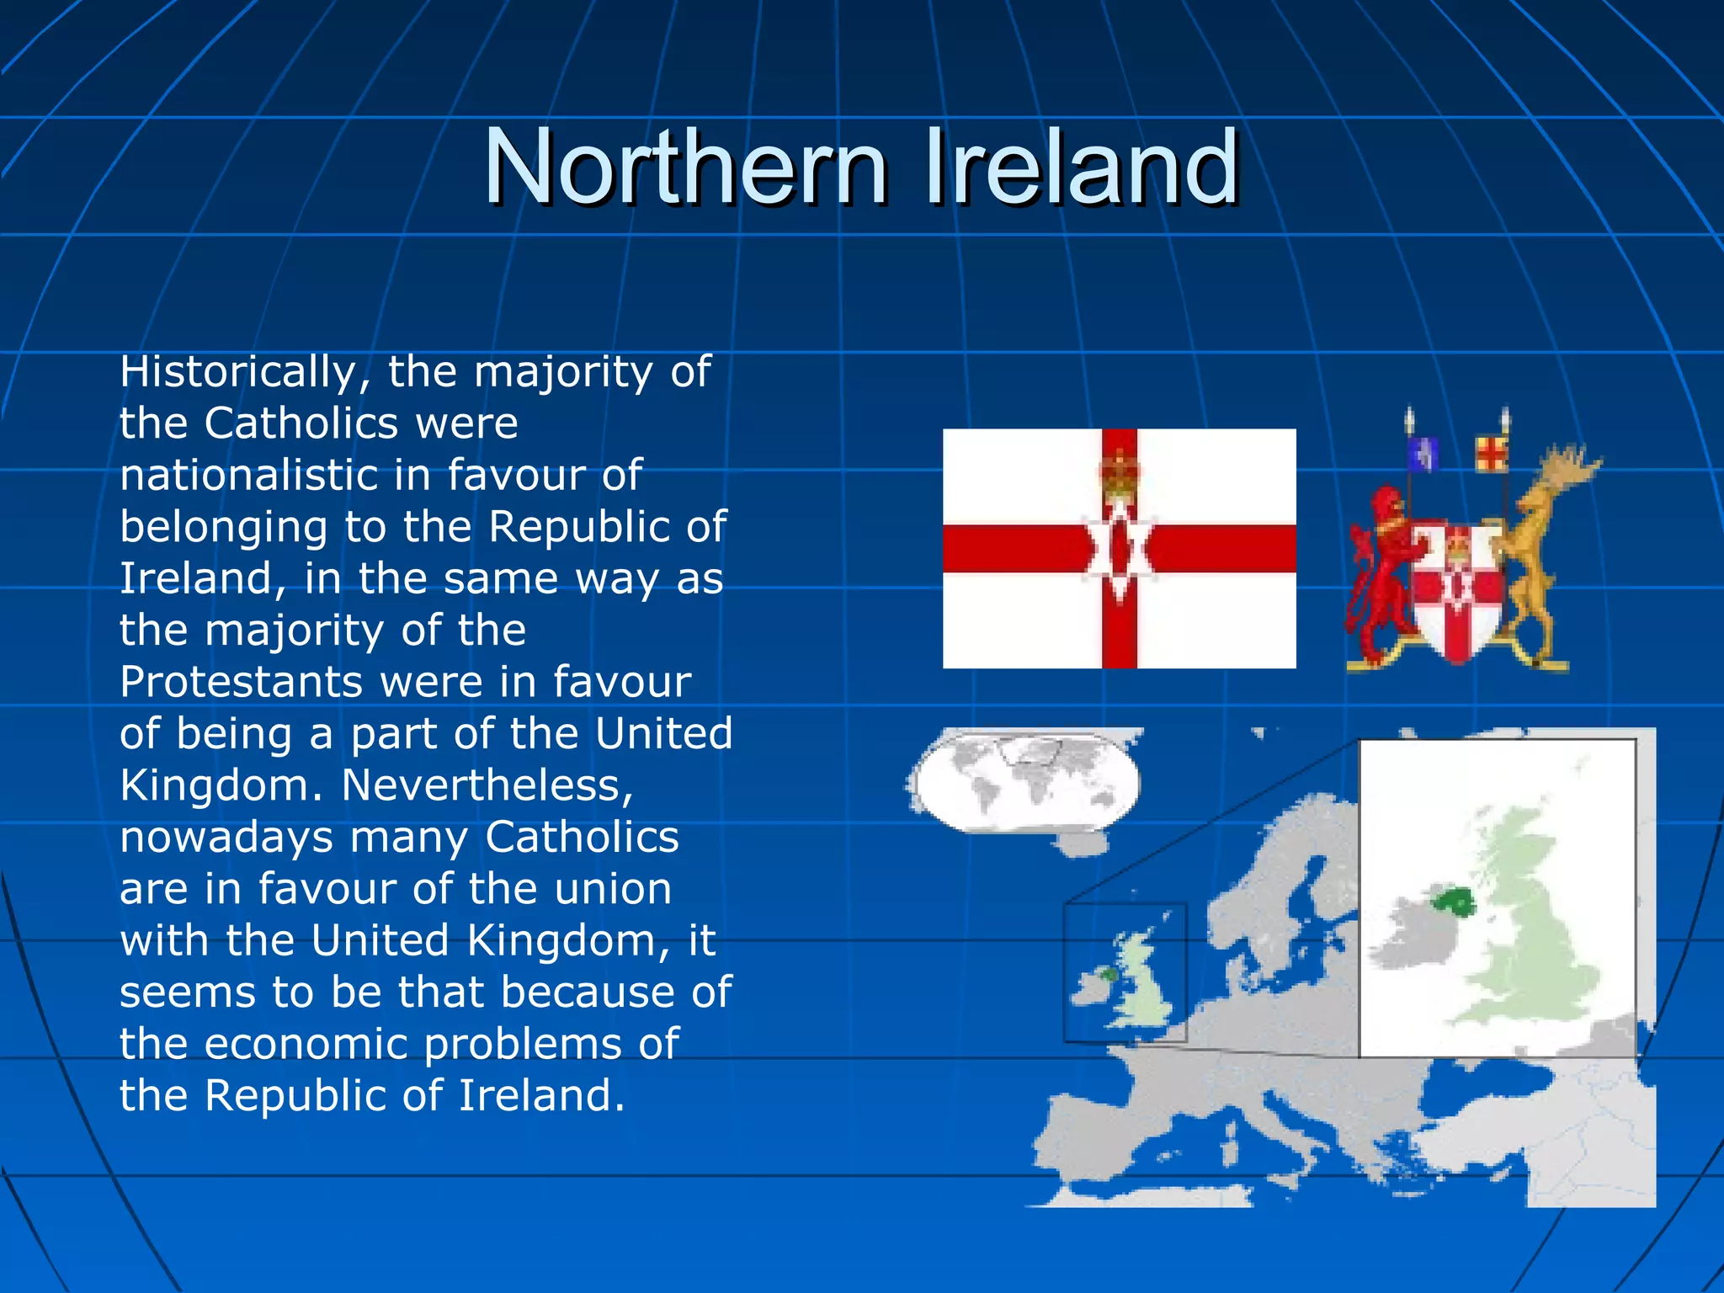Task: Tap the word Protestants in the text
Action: click(x=241, y=682)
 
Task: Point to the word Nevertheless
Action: click(x=487, y=785)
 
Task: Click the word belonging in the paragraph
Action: click(x=223, y=528)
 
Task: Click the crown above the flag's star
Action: click(x=1119, y=471)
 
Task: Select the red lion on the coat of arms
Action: click(x=1381, y=572)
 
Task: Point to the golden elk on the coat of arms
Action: click(x=1540, y=547)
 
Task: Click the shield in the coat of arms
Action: click(x=1456, y=589)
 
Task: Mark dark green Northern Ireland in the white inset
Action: click(x=1453, y=903)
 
